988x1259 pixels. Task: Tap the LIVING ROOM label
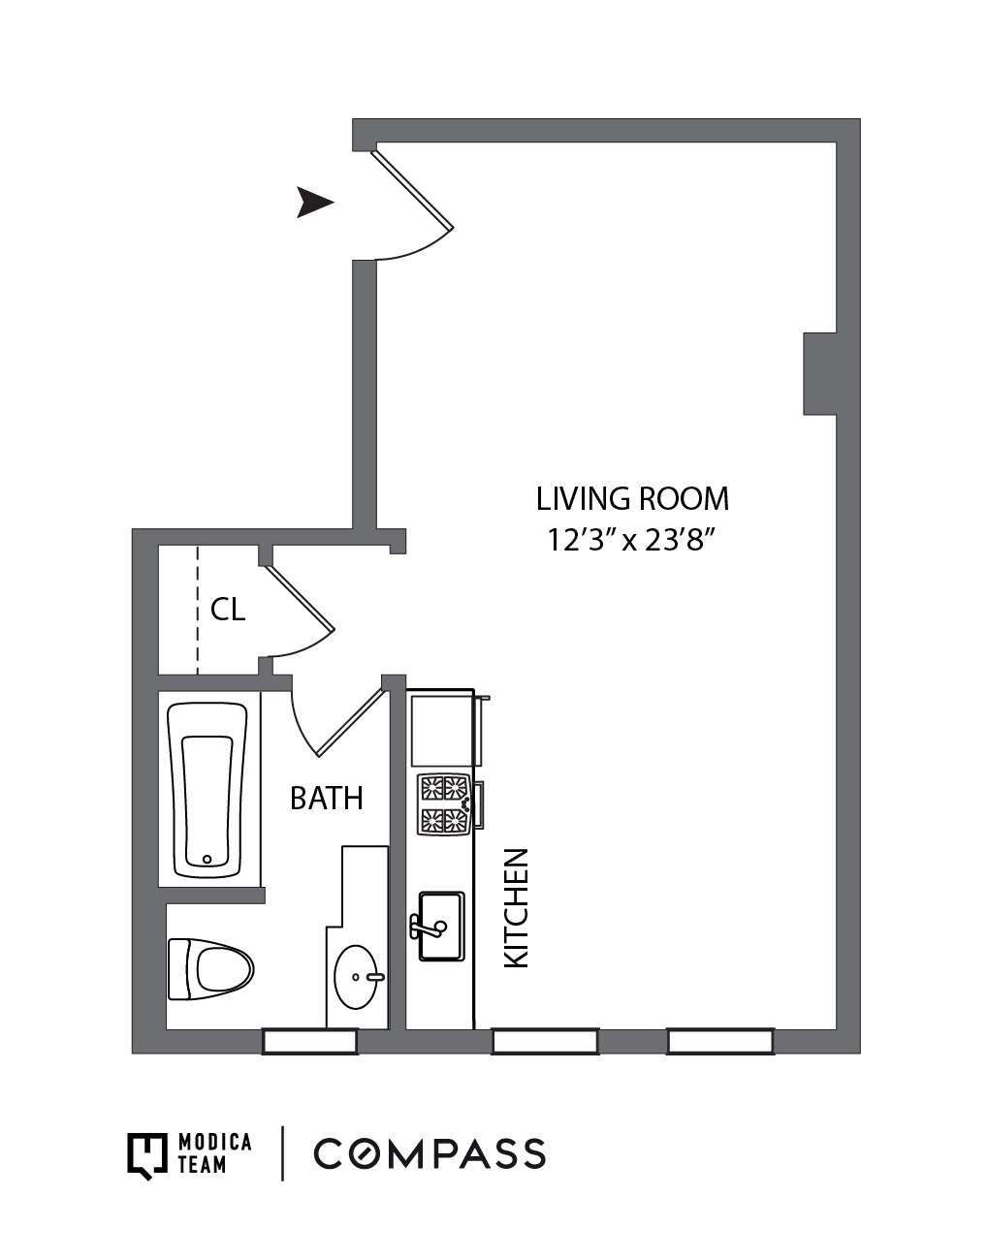click(632, 499)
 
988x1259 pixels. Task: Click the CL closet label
click(228, 610)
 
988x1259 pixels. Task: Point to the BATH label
click(327, 799)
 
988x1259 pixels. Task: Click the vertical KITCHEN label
click(517, 908)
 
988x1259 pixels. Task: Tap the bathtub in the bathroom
click(207, 790)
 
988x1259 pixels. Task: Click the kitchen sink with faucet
click(440, 927)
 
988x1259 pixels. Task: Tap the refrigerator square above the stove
click(442, 730)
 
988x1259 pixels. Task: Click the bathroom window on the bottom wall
click(310, 1042)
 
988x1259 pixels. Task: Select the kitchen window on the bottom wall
click(545, 1042)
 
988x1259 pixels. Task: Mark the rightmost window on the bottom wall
click(720, 1042)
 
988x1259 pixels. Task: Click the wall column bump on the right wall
click(819, 374)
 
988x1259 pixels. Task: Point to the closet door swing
click(303, 616)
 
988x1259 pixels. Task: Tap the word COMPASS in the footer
click(430, 1154)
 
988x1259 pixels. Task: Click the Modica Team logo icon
click(148, 1154)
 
